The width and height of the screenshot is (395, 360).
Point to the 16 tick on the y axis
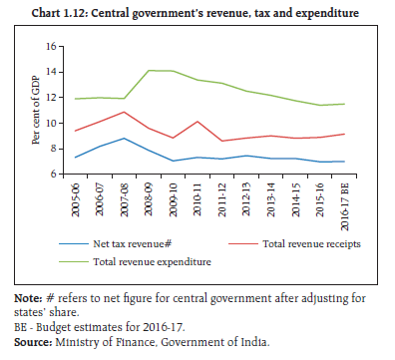click(51, 46)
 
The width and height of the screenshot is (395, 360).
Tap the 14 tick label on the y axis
click(51, 72)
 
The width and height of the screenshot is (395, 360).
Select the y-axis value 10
click(51, 123)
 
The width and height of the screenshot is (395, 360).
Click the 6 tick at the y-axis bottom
click(54, 174)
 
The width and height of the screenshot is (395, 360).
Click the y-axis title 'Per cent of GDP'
click(36, 111)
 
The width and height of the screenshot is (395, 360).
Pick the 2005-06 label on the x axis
click(76, 199)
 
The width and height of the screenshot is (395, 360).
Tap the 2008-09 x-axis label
click(149, 199)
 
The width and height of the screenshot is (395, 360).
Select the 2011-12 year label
click(221, 199)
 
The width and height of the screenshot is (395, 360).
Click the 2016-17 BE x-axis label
click(344, 206)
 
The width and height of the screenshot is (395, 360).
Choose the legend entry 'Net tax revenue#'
click(132, 244)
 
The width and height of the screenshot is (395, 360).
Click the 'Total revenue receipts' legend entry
click(311, 244)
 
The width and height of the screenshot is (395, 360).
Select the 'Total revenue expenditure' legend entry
click(152, 262)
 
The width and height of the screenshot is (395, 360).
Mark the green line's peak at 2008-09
click(149, 70)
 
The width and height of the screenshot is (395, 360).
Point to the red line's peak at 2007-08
click(124, 112)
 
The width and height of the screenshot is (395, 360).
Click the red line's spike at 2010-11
click(197, 122)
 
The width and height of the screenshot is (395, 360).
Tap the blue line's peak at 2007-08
click(124, 138)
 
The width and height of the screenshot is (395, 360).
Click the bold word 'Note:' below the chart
click(28, 298)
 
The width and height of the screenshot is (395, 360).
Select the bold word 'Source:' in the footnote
click(33, 342)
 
